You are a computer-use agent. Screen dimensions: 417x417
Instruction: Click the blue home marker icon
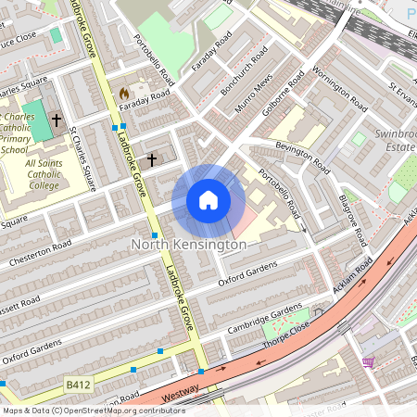click(x=208, y=200)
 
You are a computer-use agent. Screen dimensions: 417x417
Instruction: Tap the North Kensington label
click(x=189, y=245)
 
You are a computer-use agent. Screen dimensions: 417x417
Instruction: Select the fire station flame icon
click(x=124, y=94)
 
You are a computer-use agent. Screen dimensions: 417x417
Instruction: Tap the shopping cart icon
click(x=368, y=361)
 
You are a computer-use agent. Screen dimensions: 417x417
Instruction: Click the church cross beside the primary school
click(x=56, y=120)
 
